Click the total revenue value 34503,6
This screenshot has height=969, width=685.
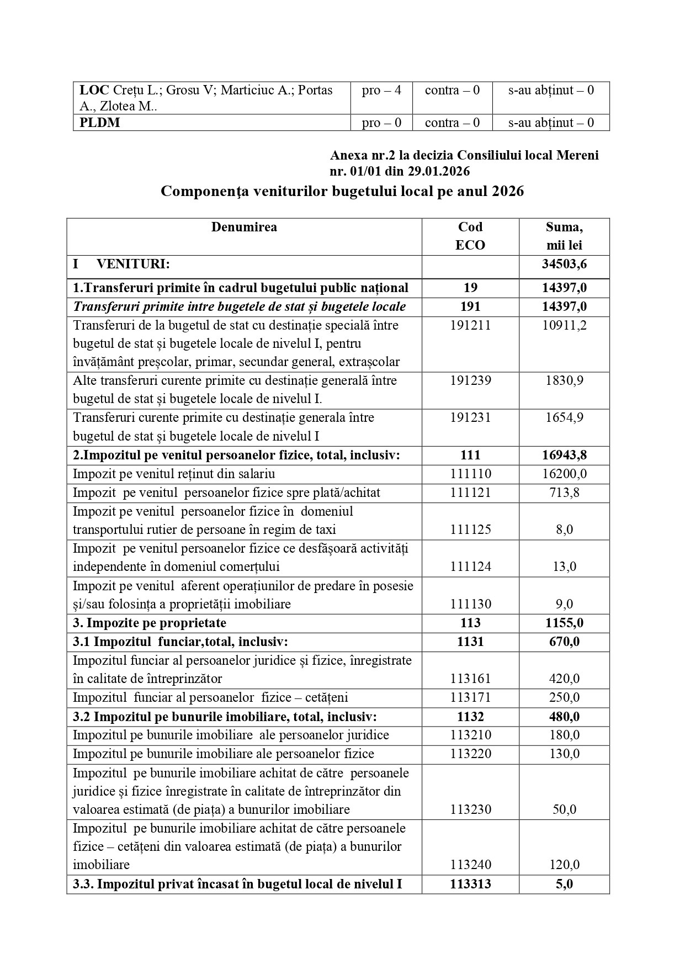point(564,264)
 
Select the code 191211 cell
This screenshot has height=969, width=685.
point(470,325)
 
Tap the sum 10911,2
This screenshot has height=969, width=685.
point(564,325)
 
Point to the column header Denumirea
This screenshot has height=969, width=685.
point(244,227)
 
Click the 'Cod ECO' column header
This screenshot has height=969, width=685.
point(470,236)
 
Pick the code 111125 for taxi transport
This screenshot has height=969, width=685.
point(470,529)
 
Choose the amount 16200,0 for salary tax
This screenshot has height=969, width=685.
point(564,474)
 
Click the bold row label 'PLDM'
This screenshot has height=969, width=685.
point(100,123)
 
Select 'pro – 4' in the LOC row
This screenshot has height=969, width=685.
point(381,90)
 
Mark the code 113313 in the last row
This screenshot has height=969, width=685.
point(470,884)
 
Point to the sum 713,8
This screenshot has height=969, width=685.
point(564,493)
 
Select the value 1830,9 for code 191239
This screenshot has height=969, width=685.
point(564,380)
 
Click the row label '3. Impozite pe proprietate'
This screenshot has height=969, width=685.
point(150,623)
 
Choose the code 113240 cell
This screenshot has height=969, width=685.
point(470,865)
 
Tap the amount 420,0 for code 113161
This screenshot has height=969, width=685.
point(564,679)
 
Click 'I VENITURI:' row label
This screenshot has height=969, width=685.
point(121,264)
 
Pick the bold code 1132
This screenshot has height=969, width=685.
point(470,717)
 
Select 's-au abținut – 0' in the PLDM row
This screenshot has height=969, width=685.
point(551,123)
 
